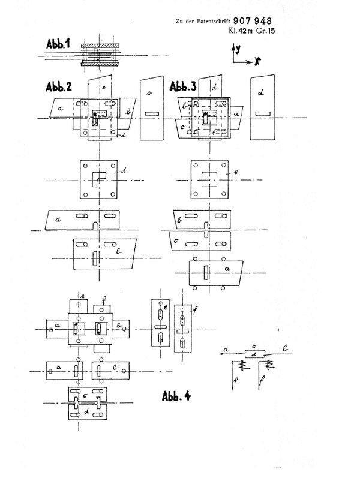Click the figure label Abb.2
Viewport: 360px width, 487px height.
(x=59, y=86)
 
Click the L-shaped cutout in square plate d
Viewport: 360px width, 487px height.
(x=98, y=178)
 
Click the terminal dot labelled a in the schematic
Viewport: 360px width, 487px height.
(x=221, y=353)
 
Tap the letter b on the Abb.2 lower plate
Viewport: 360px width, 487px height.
(x=120, y=253)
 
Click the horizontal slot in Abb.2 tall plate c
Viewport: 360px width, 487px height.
(x=151, y=113)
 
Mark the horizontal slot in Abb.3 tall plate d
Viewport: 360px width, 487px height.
(x=262, y=113)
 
